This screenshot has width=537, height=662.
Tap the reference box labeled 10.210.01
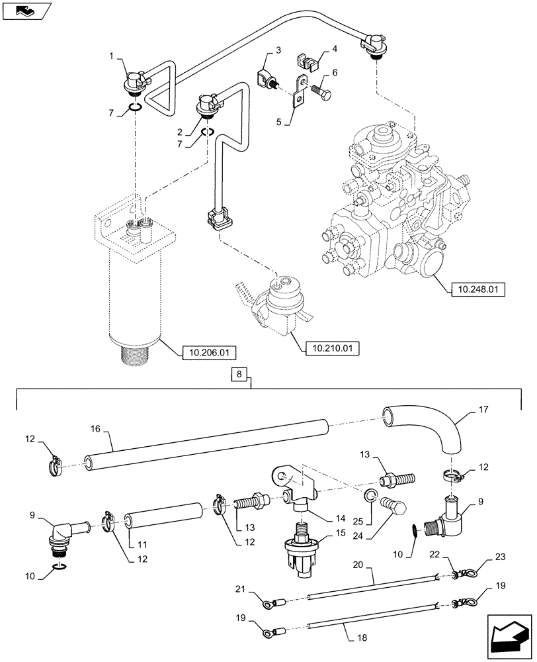coord(329,347)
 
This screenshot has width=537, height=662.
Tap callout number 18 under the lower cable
coord(361,638)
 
